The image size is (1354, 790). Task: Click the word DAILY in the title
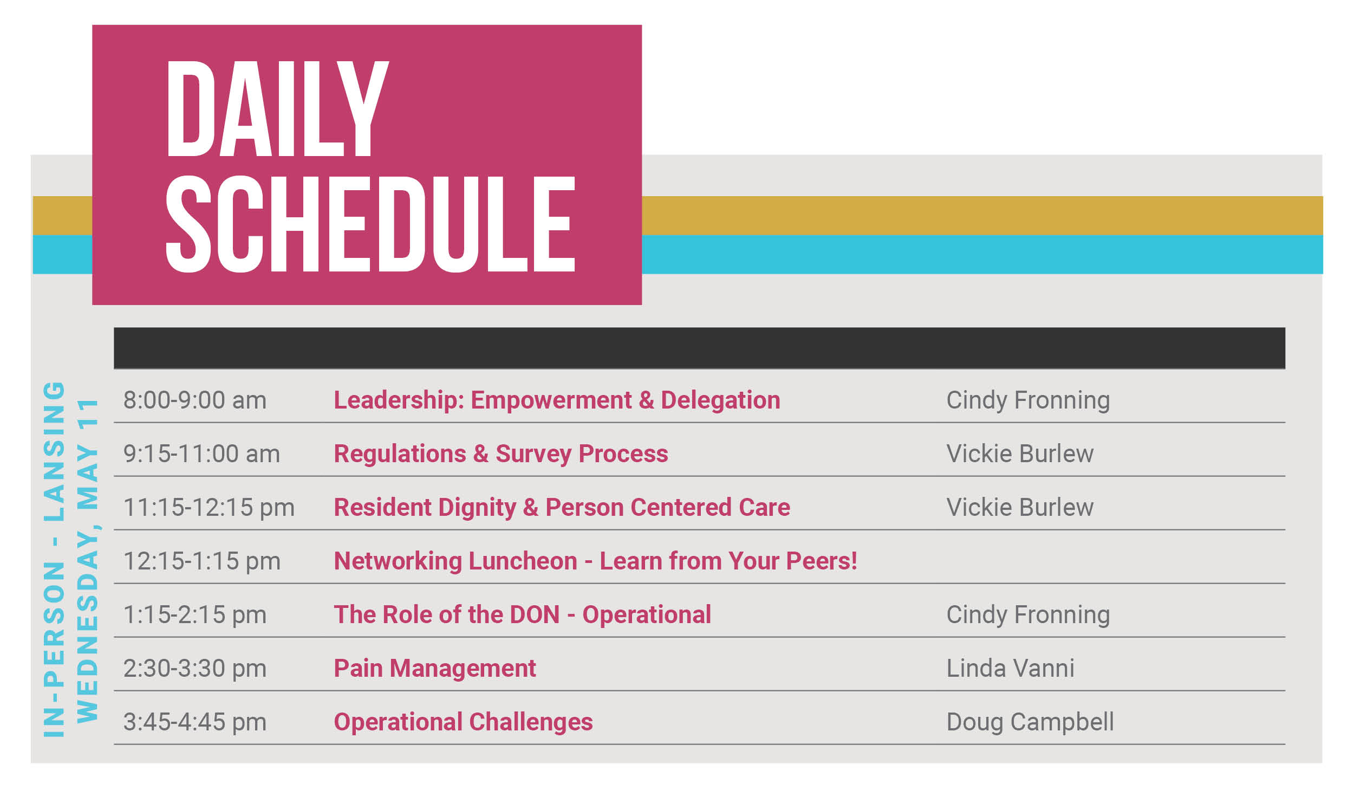[x=278, y=108]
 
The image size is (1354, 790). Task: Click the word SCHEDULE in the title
[x=370, y=224]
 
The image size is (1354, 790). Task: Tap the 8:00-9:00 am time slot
[x=195, y=400]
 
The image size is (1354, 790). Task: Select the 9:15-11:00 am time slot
[x=201, y=454]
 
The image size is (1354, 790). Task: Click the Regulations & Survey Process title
[x=501, y=454]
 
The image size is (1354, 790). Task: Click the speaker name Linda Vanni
[x=1011, y=669]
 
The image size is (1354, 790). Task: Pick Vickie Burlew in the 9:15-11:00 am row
[x=1020, y=454]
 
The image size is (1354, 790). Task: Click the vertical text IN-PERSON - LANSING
[x=54, y=560]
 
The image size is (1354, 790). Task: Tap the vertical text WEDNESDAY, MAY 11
[x=87, y=561]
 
